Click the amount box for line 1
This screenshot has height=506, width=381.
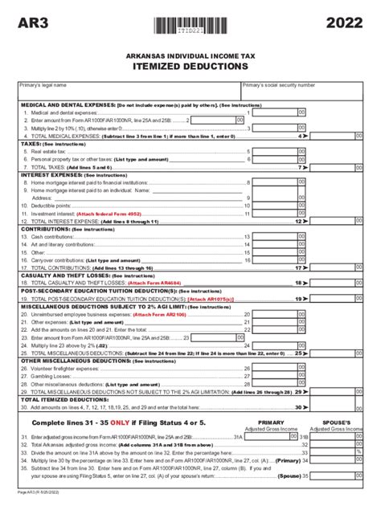pos(277,113)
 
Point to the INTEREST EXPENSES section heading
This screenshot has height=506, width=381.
pos(51,174)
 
